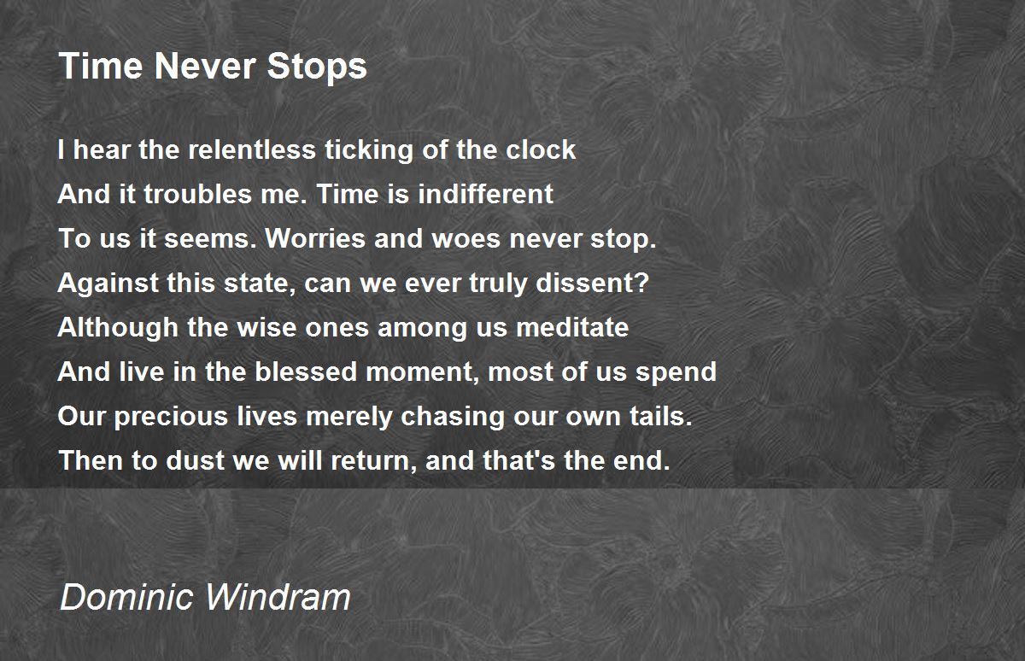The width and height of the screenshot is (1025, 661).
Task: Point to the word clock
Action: (x=540, y=150)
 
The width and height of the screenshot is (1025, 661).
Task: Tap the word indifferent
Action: (x=485, y=195)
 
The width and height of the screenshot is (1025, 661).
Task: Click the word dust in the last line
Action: (x=166, y=462)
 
